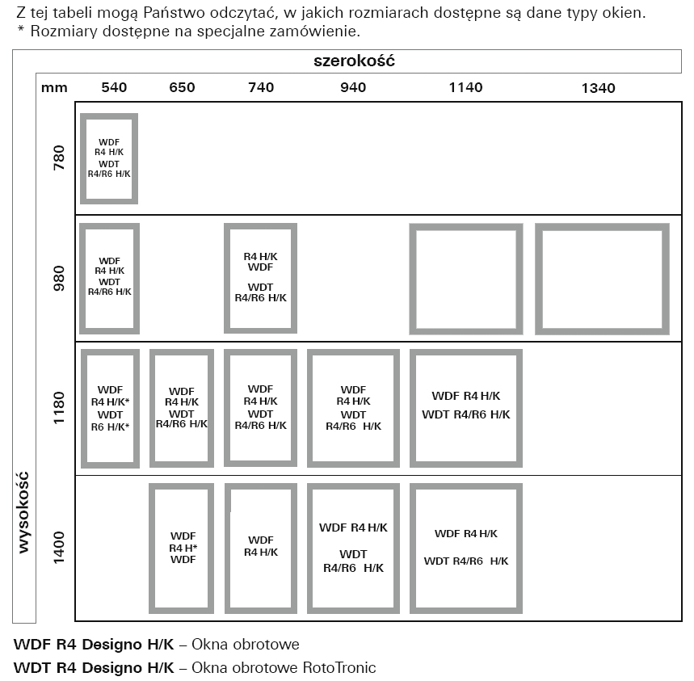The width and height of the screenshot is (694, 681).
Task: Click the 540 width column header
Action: [114, 87]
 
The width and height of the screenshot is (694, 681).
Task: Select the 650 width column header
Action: [182, 87]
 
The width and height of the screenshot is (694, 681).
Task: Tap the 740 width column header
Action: [261, 87]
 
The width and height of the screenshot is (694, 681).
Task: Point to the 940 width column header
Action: [353, 87]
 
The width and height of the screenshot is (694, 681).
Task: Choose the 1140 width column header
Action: [465, 87]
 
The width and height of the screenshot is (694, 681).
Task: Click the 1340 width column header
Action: [598, 88]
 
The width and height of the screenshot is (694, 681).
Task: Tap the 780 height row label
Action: [59, 158]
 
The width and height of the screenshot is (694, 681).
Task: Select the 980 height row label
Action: [59, 279]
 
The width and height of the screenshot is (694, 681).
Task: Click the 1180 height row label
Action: [59, 407]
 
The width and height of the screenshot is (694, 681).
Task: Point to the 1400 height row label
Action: [59, 548]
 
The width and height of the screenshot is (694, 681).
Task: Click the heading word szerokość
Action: [354, 61]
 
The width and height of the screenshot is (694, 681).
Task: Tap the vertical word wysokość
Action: [23, 512]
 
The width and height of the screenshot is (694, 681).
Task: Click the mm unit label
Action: [54, 88]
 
